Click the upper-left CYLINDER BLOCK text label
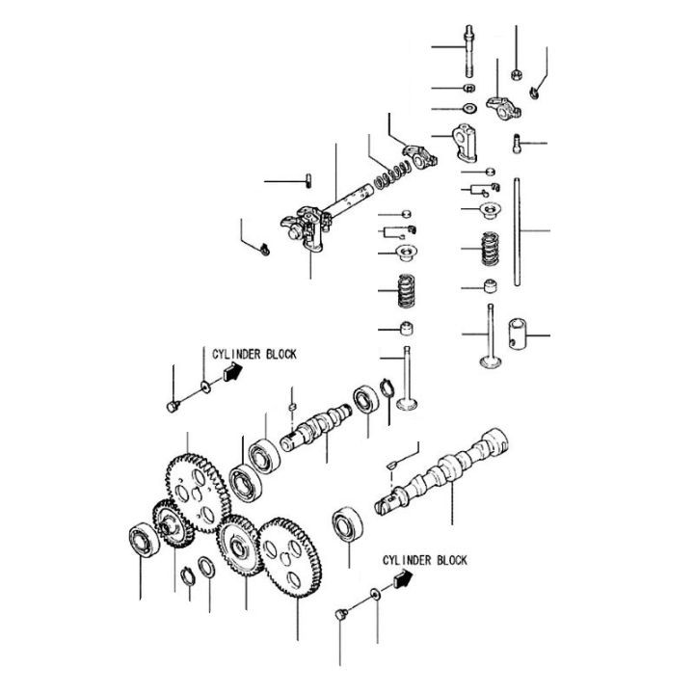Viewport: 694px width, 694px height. tap(249, 354)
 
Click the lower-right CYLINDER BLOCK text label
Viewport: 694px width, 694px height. tap(424, 559)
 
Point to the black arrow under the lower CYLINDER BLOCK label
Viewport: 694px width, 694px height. tap(402, 578)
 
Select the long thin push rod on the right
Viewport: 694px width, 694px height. tap(518, 231)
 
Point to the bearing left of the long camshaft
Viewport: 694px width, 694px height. tap(346, 525)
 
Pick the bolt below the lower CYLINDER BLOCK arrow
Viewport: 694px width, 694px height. tap(340, 614)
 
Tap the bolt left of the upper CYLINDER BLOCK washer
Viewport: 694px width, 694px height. tap(173, 405)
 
